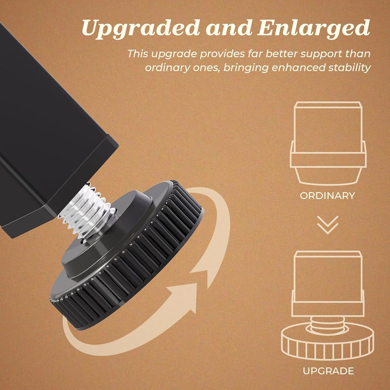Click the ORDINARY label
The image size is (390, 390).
(327, 196)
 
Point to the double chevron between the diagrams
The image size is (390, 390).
(328, 225)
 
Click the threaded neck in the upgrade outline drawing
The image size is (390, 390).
(327, 321)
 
